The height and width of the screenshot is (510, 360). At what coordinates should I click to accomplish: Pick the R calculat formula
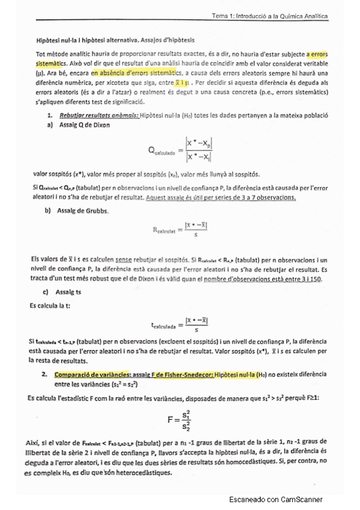tap(184, 230)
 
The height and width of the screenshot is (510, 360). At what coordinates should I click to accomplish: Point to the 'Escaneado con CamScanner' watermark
tap(276, 499)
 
